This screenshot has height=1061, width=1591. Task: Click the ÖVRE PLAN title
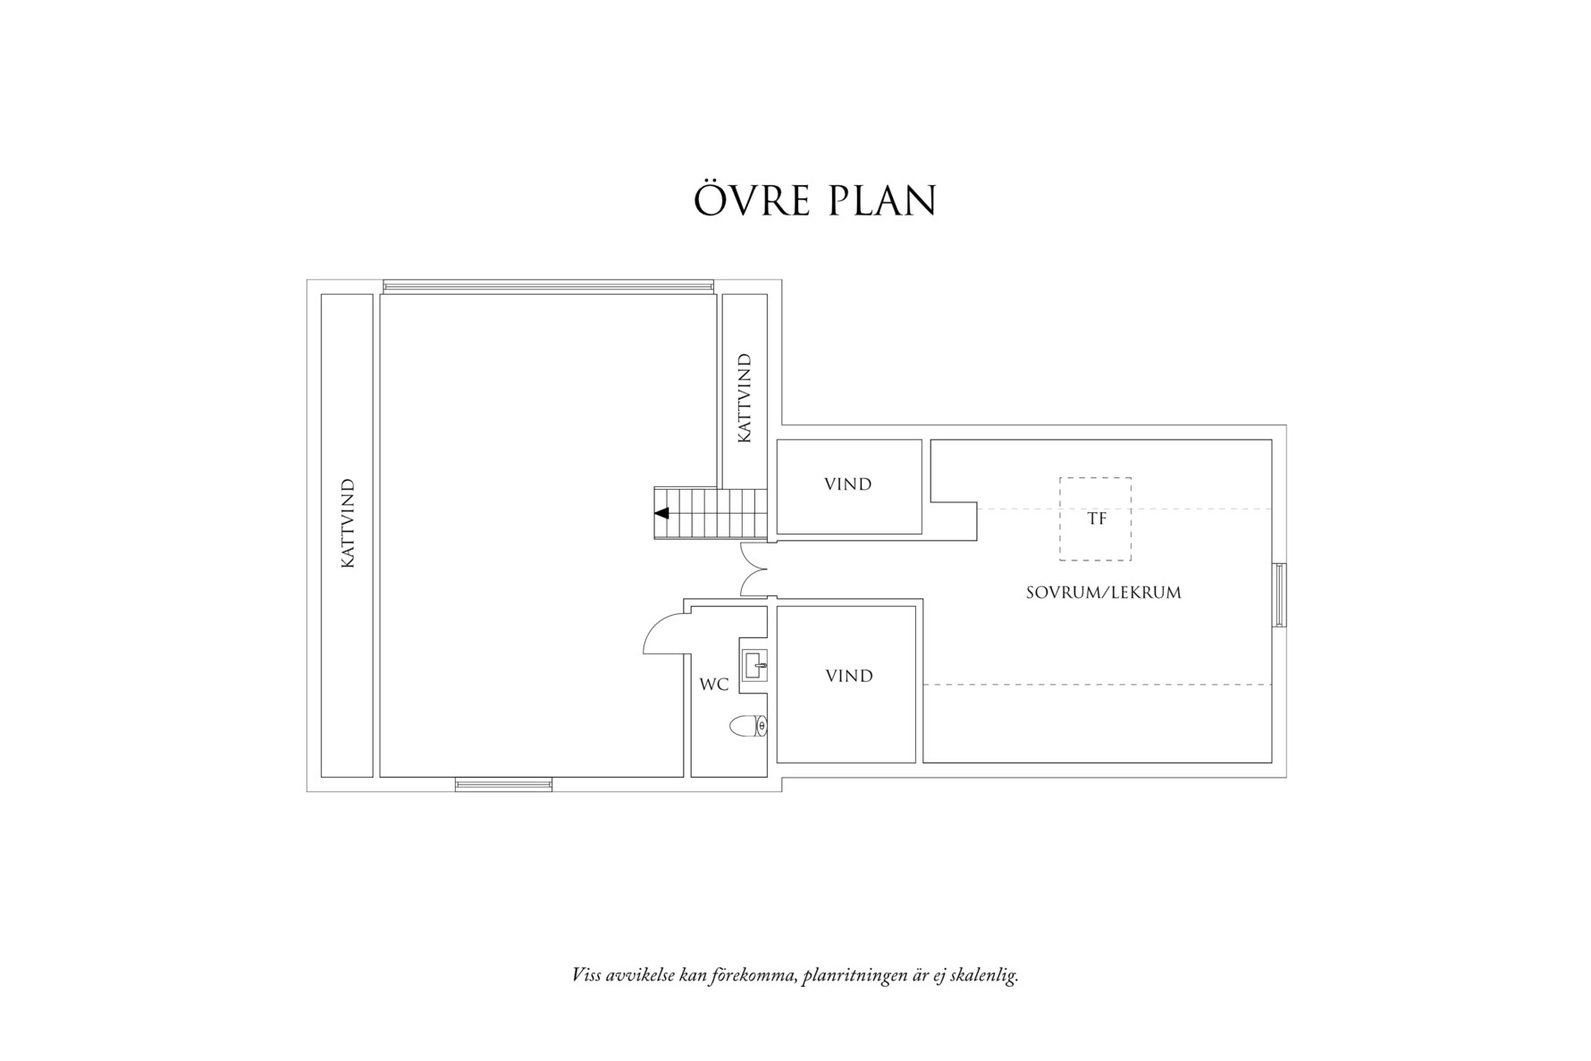[814, 201]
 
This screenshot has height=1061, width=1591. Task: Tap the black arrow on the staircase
[662, 513]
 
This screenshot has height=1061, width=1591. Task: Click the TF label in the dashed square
[1096, 518]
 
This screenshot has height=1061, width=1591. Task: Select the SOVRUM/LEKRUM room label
[1103, 593]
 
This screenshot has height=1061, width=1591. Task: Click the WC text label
[713, 685]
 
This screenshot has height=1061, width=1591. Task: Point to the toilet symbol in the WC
[748, 726]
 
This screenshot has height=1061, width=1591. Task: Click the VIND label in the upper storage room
[847, 484]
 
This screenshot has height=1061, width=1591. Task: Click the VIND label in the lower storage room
[848, 676]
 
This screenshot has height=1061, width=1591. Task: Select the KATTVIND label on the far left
[348, 524]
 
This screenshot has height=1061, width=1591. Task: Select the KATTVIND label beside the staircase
[744, 399]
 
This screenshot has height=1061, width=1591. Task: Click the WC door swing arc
[659, 634]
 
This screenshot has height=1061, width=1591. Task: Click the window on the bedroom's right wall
[1280, 594]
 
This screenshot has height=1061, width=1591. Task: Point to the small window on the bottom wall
[503, 785]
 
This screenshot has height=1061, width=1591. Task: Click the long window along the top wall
[548, 286]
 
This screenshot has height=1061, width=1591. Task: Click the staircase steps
[711, 513]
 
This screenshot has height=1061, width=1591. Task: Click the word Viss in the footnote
[585, 975]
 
